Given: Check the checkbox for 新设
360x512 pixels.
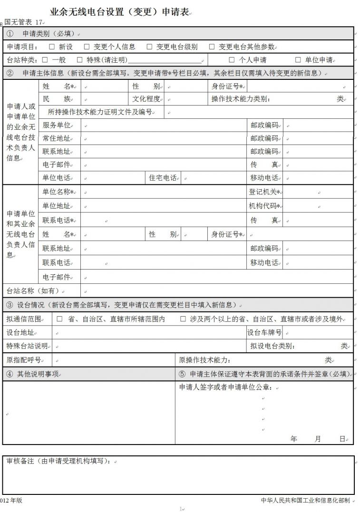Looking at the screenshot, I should coord(52,47).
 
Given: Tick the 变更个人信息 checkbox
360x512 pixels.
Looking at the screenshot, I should coord(87,47).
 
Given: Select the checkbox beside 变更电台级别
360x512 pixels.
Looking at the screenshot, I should coord(149,47).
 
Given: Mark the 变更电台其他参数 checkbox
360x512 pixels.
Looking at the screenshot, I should coord(212,47).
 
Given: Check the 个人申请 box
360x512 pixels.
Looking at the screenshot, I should coord(232,60).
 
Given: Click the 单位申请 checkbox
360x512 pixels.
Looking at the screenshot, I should coord(298,60).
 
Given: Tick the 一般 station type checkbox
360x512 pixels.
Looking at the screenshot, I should coord(45,60).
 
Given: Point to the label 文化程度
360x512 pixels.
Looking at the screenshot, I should coord(146,99).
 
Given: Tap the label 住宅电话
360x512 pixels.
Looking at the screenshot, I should coord(163,178).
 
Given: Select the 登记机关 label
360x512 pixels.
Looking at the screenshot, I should coord(264,192).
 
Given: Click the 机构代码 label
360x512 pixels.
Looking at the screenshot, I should coord(264,206).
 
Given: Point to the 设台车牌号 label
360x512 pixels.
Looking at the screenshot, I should coord(264,332).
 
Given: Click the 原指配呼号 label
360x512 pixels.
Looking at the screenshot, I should coord(24,360).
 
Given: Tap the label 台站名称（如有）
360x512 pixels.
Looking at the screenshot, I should coord(33,290).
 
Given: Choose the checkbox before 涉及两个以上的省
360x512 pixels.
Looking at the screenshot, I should coord(183,319).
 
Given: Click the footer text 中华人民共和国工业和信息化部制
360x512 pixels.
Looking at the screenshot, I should coord(305,500).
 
